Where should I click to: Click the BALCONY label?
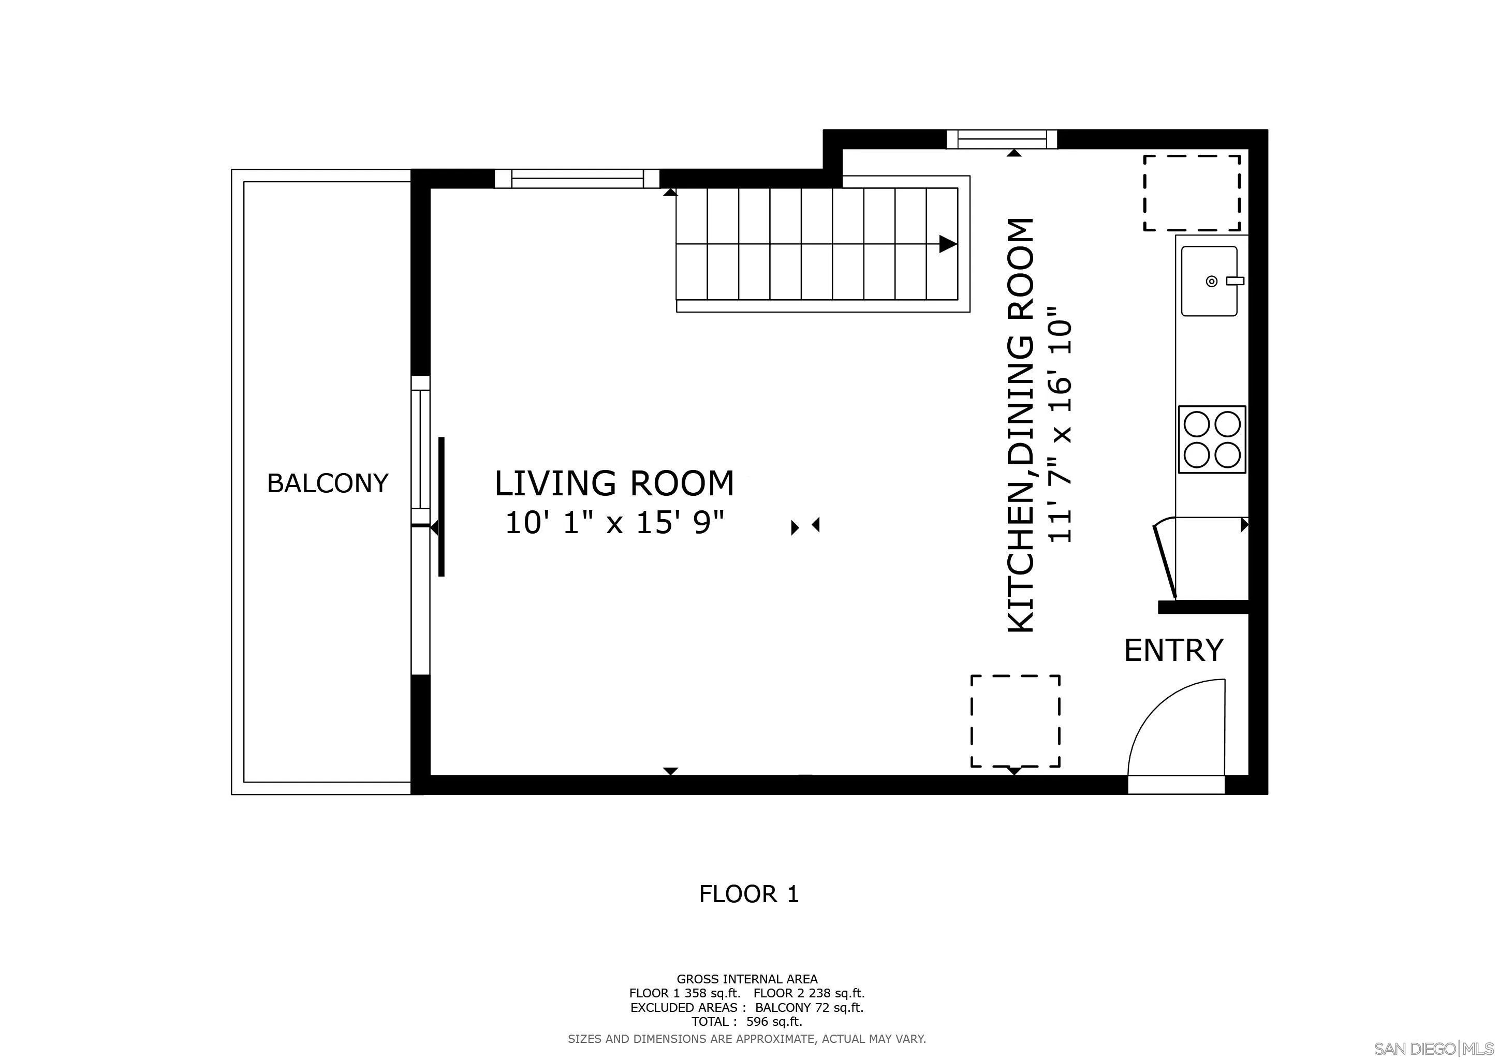click(x=328, y=483)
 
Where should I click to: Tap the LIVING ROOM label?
click(x=614, y=483)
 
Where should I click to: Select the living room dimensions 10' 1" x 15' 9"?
click(x=615, y=523)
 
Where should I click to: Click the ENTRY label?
click(x=1173, y=650)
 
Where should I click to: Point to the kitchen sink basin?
click(x=1209, y=282)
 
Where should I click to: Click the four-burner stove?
click(x=1212, y=439)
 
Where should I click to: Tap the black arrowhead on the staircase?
click(x=948, y=244)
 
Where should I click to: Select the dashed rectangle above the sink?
click(x=1192, y=193)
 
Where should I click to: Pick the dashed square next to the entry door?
click(x=1015, y=720)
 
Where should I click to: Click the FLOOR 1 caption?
click(x=749, y=893)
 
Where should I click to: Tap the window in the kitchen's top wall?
click(x=1002, y=139)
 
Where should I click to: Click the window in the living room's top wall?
click(x=577, y=178)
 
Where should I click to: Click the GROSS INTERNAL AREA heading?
click(x=747, y=997)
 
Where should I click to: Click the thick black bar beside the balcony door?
click(x=442, y=507)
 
